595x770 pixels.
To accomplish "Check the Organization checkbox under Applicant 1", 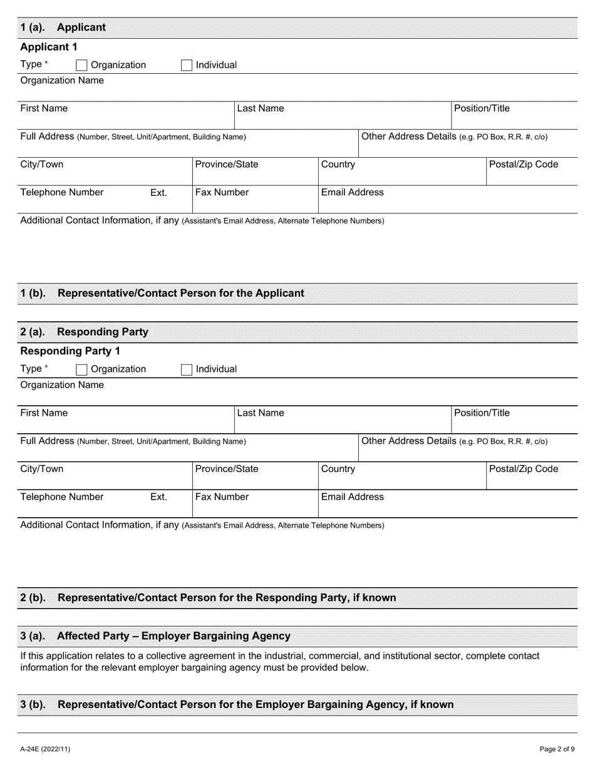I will coord(81,65).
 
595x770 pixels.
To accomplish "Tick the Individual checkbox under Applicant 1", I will coord(186,65).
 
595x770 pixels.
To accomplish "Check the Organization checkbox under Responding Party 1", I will coord(81,369).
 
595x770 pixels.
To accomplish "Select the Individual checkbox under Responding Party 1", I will coord(186,369).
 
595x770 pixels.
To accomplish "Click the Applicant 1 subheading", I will coord(49,47).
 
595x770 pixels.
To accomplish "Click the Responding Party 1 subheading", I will coord(70,351).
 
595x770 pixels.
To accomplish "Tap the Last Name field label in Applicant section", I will coord(260,108).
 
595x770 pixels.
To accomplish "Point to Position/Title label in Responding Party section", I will coord(482,413).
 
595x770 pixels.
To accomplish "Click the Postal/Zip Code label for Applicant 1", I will coord(524,165).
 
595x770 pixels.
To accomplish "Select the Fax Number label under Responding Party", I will coord(222,497).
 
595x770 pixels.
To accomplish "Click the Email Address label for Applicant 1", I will coord(352,193).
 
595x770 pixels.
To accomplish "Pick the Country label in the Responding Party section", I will coord(338,469).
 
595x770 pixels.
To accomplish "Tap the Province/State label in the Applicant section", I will coord(226,165).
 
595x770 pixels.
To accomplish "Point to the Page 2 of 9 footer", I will coord(557,749).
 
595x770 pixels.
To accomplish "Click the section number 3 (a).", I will coord(33,636).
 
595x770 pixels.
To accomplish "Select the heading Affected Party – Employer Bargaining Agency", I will coord(173,636).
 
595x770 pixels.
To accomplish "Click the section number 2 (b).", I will coord(33,598).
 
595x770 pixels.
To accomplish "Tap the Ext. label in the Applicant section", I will coord(158,193).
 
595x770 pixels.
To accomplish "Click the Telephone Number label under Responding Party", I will coord(61,497).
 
